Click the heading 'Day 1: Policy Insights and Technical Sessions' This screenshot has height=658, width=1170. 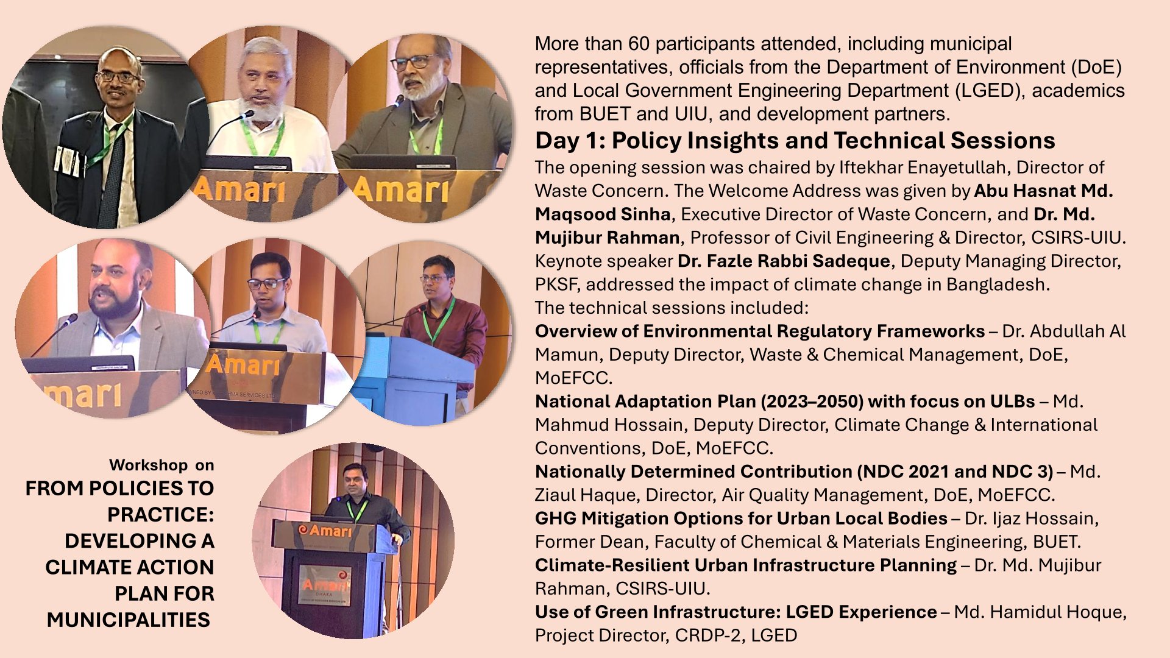pos(795,141)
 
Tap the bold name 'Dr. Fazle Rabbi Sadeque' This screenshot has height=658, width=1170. pos(784,261)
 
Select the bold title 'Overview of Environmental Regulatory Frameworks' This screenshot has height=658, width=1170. pos(760,331)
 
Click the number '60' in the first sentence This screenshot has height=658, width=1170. pos(639,44)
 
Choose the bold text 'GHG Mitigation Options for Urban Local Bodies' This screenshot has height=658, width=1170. pos(741,518)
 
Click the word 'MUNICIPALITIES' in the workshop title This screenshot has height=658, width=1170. pos(129,620)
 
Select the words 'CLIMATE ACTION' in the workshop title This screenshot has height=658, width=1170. pos(130,567)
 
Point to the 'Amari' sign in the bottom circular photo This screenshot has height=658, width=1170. pos(325,530)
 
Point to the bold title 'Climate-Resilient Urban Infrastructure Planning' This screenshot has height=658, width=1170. pos(746,565)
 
